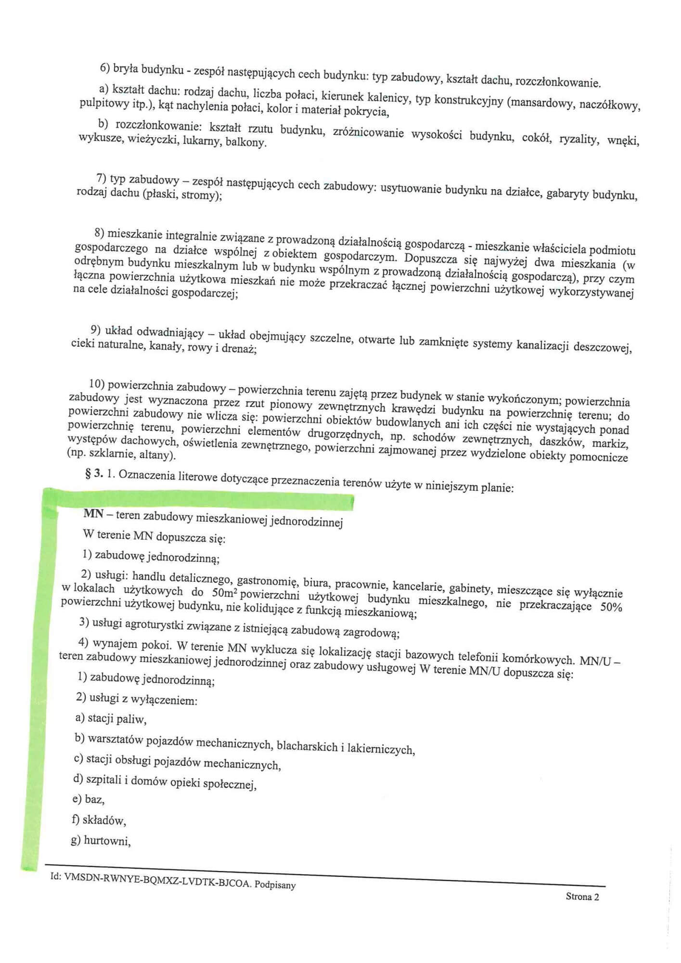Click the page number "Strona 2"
point(582,897)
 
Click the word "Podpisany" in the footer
point(275,885)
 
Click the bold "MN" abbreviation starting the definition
point(93,514)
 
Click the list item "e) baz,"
point(88,799)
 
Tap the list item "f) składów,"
point(99,820)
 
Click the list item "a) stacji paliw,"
point(111,719)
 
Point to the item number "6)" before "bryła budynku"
point(105,68)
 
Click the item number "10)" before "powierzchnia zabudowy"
point(97,384)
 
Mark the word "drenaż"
point(238,349)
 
